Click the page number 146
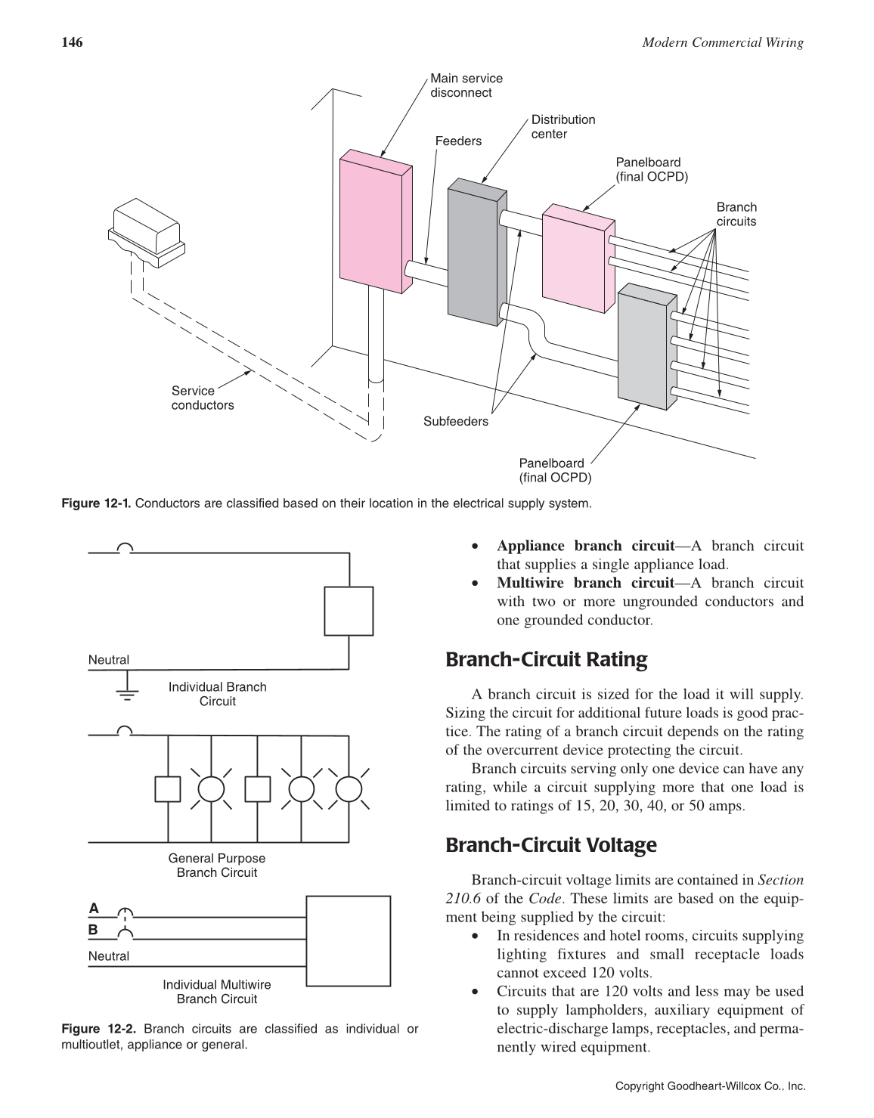[x=71, y=42]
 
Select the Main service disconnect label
[x=466, y=85]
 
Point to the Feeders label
[x=458, y=141]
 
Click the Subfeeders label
[x=455, y=421]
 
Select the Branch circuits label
[x=736, y=214]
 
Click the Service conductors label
[x=202, y=398]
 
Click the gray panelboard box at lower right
[x=643, y=348]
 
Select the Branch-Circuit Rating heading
[x=546, y=660]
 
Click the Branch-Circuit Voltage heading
[x=550, y=845]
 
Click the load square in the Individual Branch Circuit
[x=349, y=611]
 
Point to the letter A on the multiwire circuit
[x=94, y=908]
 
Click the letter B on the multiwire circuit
[x=94, y=929]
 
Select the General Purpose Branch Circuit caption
[x=217, y=866]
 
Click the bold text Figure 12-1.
[x=96, y=503]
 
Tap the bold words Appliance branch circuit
[x=584, y=546]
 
